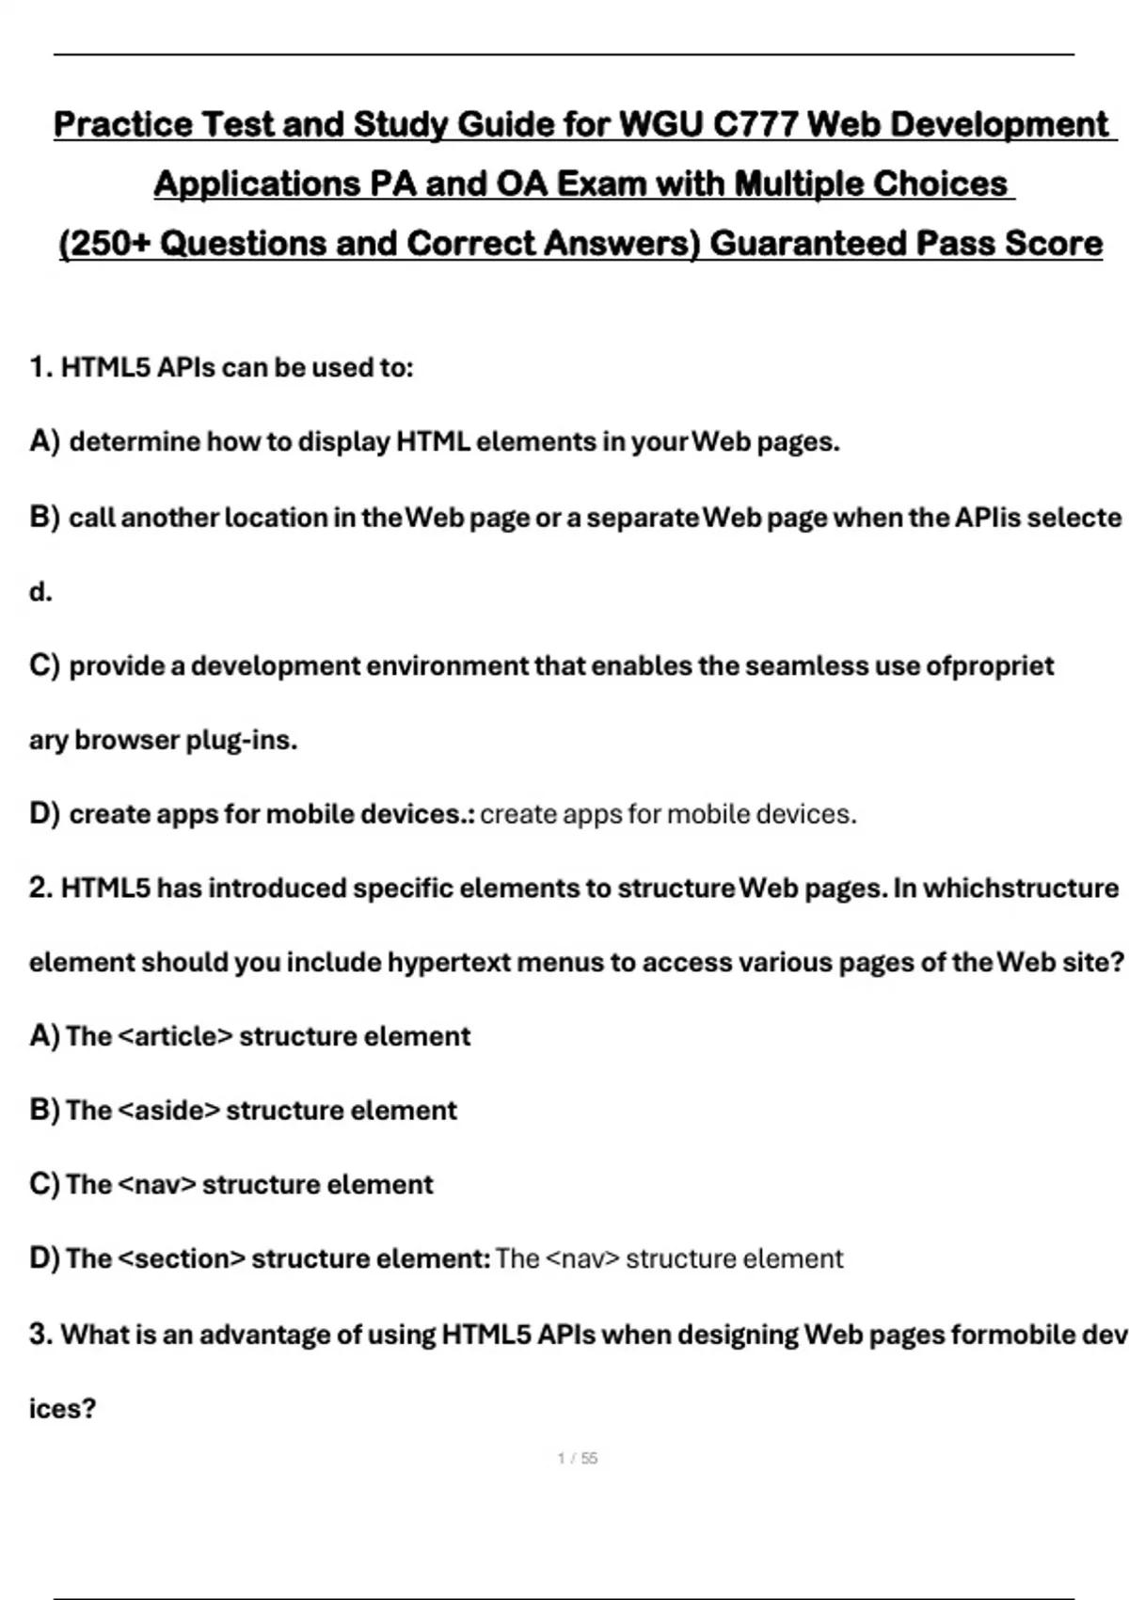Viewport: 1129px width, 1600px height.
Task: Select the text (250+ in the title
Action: [x=104, y=244]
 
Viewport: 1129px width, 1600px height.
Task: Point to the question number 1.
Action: [x=40, y=367]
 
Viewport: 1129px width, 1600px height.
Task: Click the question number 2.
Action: [x=40, y=888]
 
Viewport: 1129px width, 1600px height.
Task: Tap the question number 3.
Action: [x=40, y=1335]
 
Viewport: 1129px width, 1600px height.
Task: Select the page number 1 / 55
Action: [x=578, y=1459]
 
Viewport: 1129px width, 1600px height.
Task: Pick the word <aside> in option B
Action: [x=169, y=1111]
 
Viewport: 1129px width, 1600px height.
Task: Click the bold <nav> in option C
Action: [x=157, y=1185]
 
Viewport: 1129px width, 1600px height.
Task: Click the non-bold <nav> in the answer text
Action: [x=582, y=1259]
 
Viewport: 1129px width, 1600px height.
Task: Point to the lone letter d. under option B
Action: [x=40, y=592]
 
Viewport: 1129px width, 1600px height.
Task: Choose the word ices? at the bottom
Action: [x=62, y=1409]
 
